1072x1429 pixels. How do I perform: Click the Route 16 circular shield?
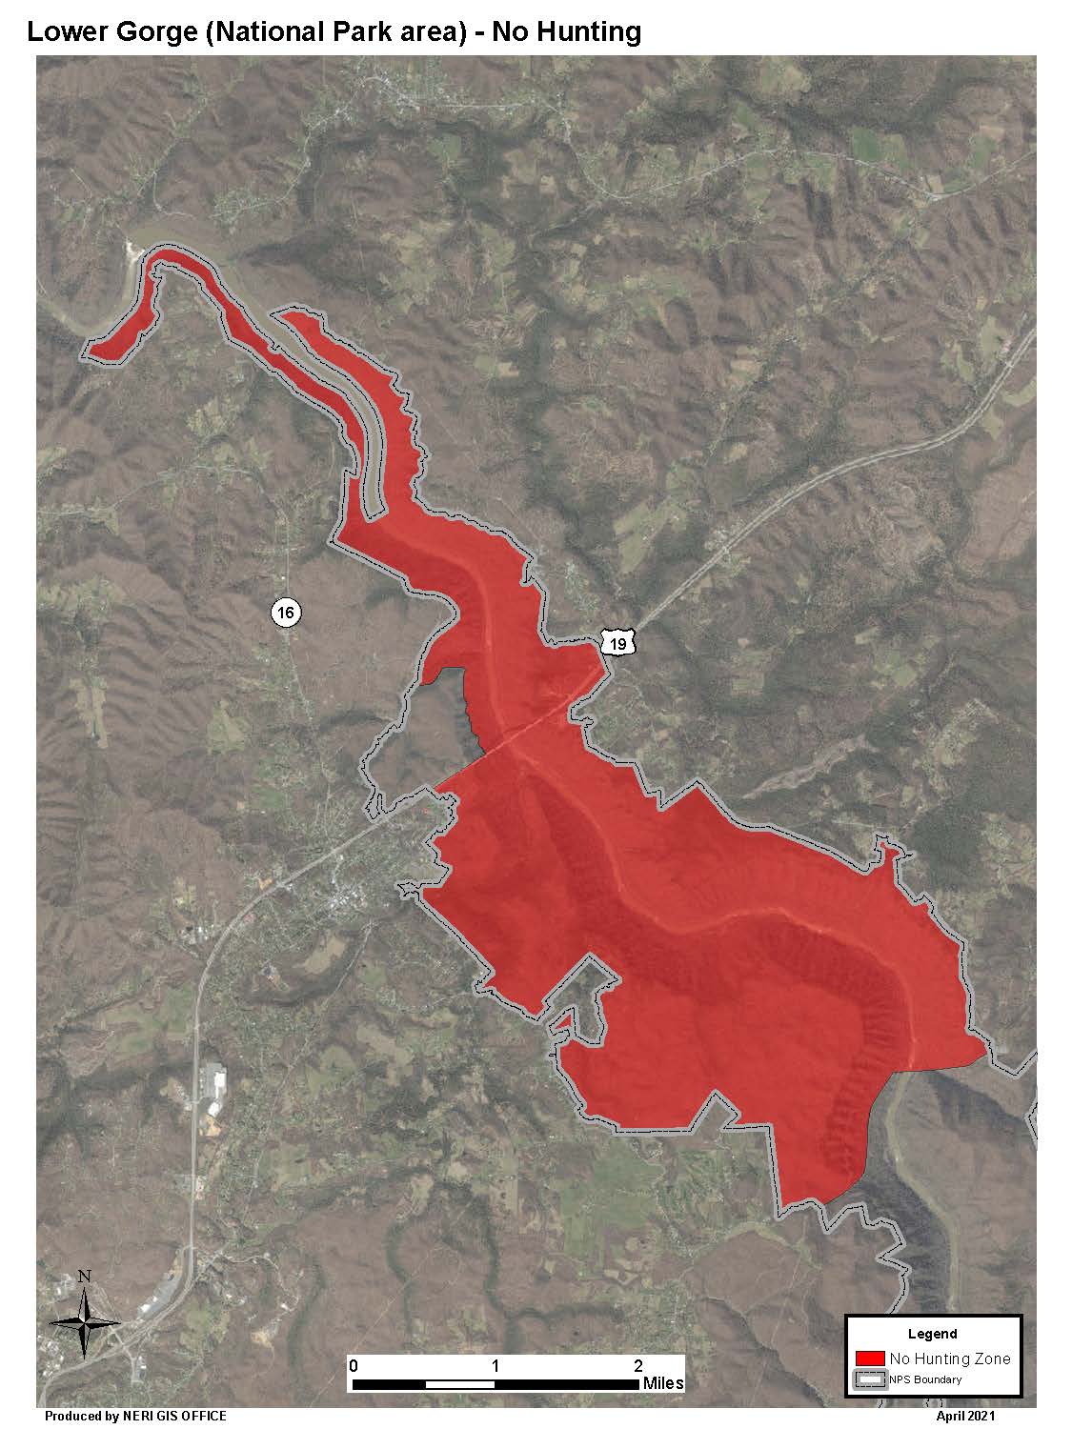pos(285,612)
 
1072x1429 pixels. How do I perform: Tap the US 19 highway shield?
pos(618,644)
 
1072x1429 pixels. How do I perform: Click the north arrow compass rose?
pos(84,1321)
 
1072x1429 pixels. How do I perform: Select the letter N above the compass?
pos(84,1277)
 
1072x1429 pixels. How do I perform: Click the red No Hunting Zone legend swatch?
pos(870,1359)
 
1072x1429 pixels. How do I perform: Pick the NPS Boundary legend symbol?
pos(870,1379)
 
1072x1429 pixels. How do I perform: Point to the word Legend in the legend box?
pos(933,1334)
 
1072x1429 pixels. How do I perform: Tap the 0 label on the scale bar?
pos(354,1364)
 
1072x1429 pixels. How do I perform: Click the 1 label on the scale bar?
pos(496,1364)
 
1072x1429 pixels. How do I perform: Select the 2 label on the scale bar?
pos(637,1364)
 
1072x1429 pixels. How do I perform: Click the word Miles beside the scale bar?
pos(663,1383)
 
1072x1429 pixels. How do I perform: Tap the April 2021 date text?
pos(966,1417)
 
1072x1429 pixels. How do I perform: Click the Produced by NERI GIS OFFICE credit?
pos(135,1417)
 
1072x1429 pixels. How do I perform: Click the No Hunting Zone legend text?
pos(949,1359)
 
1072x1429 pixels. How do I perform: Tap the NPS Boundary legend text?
pos(926,1379)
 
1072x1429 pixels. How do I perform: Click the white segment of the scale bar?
pos(460,1383)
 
